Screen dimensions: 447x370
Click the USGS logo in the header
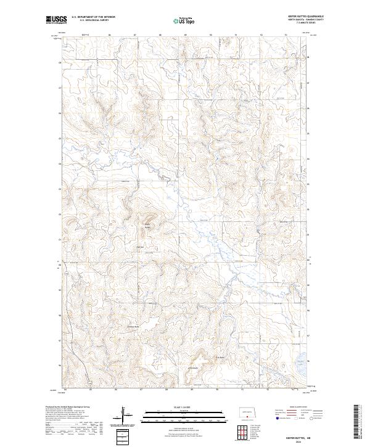coord(56,20)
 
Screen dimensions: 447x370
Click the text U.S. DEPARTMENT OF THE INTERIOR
coord(93,17)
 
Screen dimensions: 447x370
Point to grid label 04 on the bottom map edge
coord(64,390)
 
